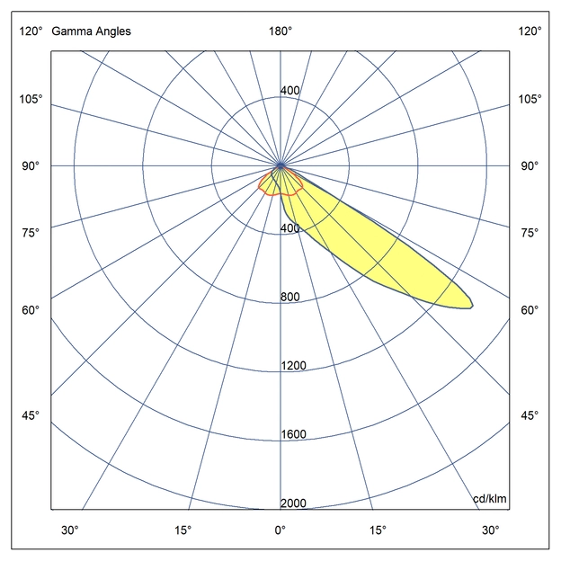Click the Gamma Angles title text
91,31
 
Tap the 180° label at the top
280,31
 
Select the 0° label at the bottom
280,530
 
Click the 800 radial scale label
289,298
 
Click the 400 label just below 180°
289,91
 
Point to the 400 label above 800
289,228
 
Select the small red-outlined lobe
279,184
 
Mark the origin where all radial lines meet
280,166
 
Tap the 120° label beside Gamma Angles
31,31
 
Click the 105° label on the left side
31,98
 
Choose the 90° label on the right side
530,166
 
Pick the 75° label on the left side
31,233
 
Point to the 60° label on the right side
530,310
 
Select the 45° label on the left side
31,415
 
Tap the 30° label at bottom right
490,530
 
